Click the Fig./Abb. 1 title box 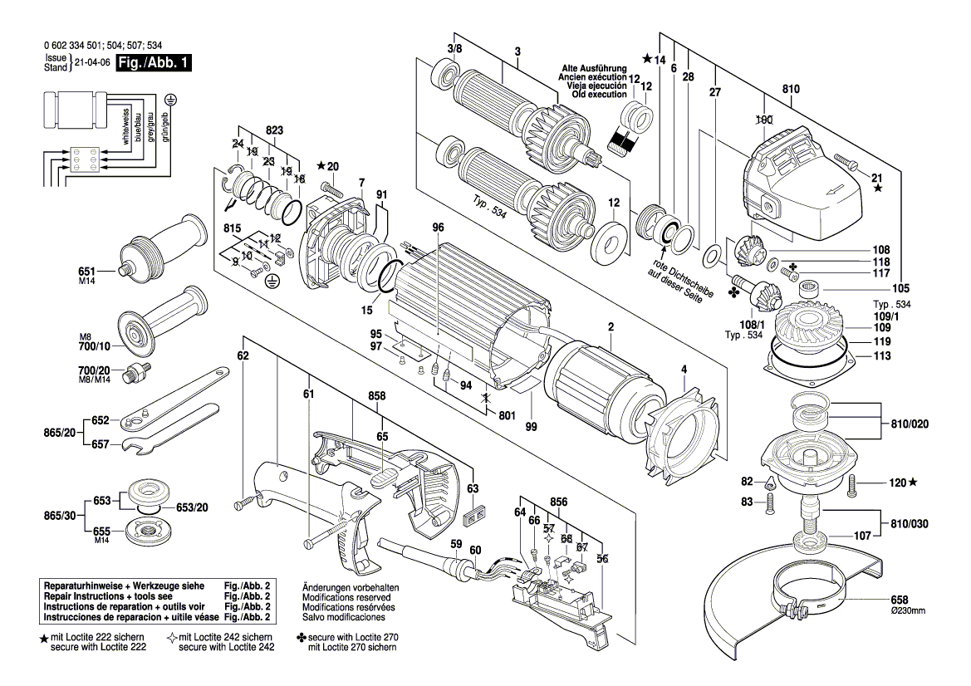(x=154, y=63)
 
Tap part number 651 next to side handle (x=87, y=271)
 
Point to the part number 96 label (x=439, y=228)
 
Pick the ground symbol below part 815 (x=270, y=282)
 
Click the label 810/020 (x=909, y=424)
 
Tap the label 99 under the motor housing (x=531, y=426)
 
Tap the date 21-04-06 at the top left (x=92, y=63)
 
